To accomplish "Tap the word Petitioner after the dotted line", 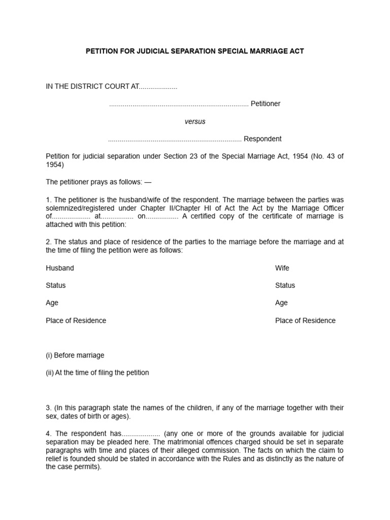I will coord(266,104).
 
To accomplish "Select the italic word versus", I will coord(194,121).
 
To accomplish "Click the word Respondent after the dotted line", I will coord(263,139).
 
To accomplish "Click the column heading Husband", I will coord(60,268).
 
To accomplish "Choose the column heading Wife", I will coord(282,268).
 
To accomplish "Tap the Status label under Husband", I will coord(56,285).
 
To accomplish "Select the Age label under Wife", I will coord(281,303).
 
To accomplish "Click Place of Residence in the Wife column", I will coord(305,320).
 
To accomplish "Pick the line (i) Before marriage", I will coord(75,355).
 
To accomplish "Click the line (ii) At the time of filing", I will coord(97,373).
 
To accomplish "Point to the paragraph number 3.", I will coord(48,408).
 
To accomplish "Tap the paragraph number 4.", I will coord(48,434).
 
